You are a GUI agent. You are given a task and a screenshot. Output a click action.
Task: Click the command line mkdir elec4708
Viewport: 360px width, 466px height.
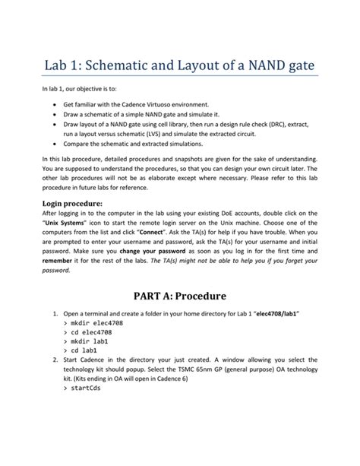[92, 322]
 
